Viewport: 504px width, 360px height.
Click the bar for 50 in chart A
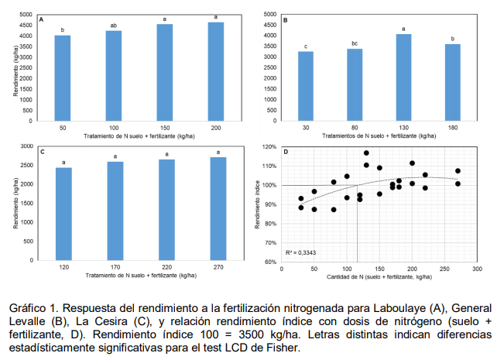pos(63,77)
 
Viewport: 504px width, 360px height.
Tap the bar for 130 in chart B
pos(403,77)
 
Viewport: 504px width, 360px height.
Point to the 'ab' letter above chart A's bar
pos(114,26)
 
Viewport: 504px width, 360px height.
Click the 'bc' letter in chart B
pos(355,43)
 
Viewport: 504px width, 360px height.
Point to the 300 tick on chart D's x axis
pos(477,268)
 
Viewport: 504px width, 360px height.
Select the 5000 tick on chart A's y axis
pos(26,15)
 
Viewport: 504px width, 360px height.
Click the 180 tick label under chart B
pos(452,126)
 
